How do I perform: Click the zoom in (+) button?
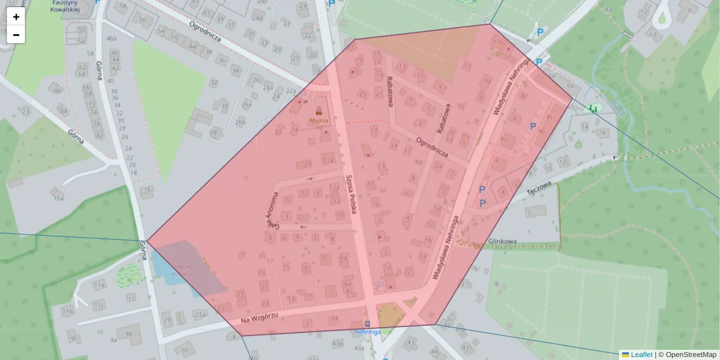click(x=16, y=17)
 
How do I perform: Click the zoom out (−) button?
click(x=16, y=35)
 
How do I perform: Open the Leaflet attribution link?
click(x=641, y=355)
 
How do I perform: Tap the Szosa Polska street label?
click(x=352, y=194)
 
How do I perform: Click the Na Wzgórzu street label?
click(x=259, y=318)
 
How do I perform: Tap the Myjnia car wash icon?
click(x=319, y=110)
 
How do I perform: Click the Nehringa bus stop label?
click(x=368, y=331)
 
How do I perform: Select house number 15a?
click(x=58, y=198)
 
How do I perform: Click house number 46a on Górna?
click(x=111, y=38)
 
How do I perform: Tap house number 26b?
click(x=241, y=122)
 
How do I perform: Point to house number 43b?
click(x=338, y=343)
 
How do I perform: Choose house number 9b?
click(x=128, y=334)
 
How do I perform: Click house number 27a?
click(x=200, y=314)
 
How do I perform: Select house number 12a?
click(x=334, y=187)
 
